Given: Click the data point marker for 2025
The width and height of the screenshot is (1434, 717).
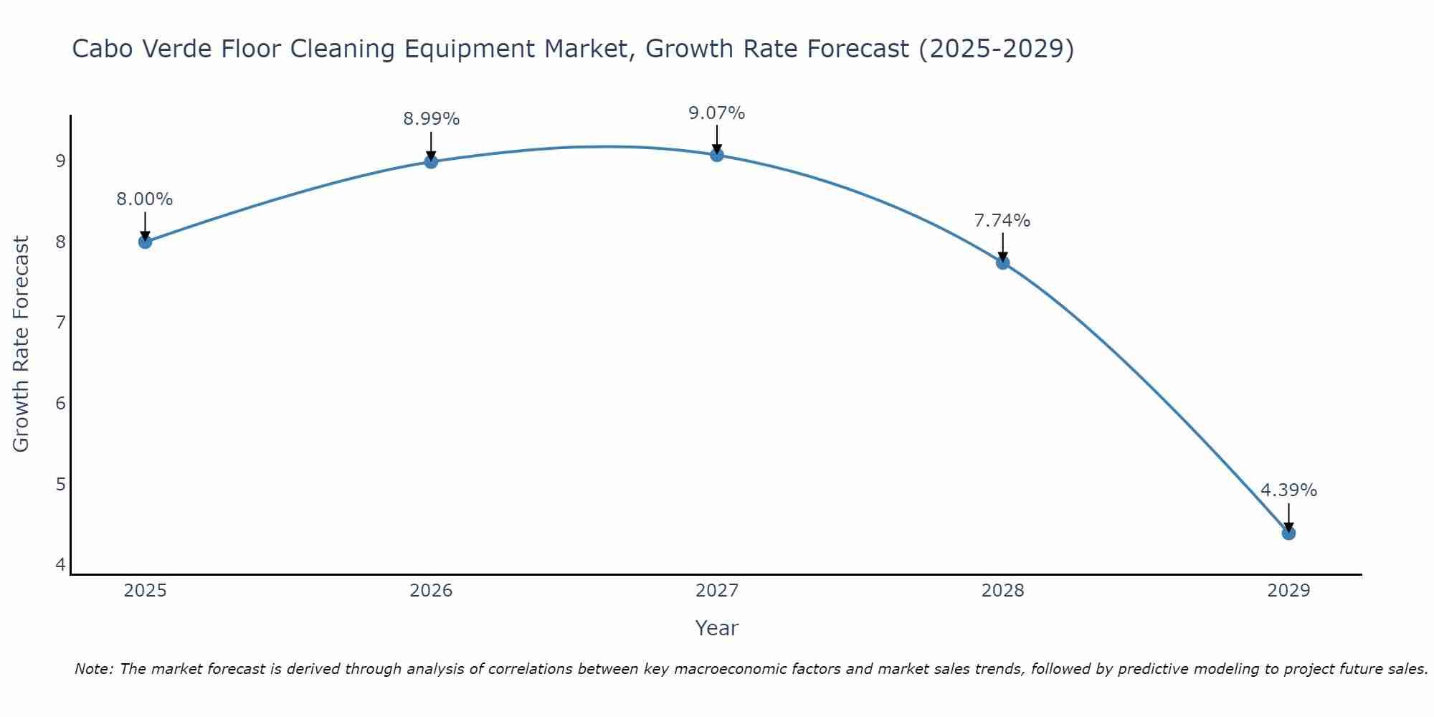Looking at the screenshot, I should click(x=145, y=242).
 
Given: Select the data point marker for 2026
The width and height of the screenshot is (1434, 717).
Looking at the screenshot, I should click(x=431, y=161).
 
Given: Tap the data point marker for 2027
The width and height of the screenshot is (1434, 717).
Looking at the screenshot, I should click(x=717, y=155).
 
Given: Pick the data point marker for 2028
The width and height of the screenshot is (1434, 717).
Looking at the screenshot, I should click(x=1002, y=262).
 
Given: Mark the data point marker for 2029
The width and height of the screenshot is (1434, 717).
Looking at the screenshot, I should click(x=1288, y=533).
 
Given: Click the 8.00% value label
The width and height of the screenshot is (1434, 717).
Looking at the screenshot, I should click(x=145, y=199).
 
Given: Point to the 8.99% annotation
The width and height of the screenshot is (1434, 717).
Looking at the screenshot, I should click(x=431, y=119).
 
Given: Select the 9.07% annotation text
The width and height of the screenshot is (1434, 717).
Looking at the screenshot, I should click(x=717, y=113).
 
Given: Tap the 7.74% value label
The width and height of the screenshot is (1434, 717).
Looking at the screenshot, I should click(x=1002, y=221).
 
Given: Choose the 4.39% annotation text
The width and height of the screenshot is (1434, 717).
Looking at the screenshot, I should click(x=1288, y=490).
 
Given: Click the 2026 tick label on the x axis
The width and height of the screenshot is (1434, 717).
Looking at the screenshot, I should click(x=431, y=591).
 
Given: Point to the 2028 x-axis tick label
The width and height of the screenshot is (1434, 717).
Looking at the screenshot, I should click(x=1002, y=591).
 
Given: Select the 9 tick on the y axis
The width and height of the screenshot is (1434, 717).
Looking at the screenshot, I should click(x=60, y=161).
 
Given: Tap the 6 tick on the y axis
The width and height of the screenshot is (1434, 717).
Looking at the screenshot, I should click(x=60, y=403).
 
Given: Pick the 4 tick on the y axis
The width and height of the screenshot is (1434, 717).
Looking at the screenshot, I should click(x=60, y=565).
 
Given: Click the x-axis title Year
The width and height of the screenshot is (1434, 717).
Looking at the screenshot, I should click(x=717, y=628).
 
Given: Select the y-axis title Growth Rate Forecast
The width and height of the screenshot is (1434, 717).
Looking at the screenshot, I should click(x=22, y=344).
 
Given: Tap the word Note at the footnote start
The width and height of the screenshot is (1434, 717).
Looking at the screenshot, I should click(x=93, y=669).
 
